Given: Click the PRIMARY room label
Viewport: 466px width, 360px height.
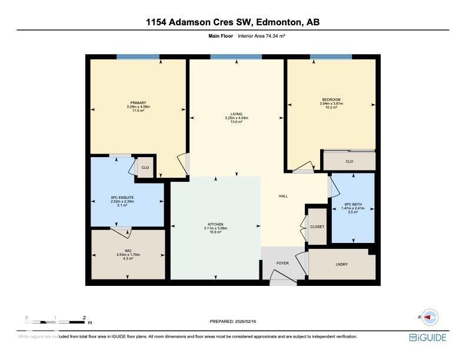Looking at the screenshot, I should (x=138, y=103).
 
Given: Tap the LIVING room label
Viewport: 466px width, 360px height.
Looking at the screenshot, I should (x=237, y=114).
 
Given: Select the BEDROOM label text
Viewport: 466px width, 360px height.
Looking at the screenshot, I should (x=331, y=100).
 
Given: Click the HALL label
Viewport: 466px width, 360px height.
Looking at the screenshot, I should (x=283, y=196).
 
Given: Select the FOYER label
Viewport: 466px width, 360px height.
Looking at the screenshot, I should (x=283, y=264).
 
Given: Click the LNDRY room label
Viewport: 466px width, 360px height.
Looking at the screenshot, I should (x=341, y=264).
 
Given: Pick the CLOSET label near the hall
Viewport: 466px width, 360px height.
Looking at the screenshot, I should (x=317, y=226).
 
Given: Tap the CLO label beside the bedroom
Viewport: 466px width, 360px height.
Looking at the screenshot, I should (x=349, y=161).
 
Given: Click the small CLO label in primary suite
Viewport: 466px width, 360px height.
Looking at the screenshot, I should (x=144, y=168).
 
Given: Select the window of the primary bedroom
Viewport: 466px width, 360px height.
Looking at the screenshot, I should (x=138, y=57).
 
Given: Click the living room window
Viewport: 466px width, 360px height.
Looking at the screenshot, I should (x=236, y=57).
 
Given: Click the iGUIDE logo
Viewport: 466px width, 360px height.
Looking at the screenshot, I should (x=428, y=338).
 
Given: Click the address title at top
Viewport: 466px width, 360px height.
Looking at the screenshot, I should (x=233, y=22).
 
